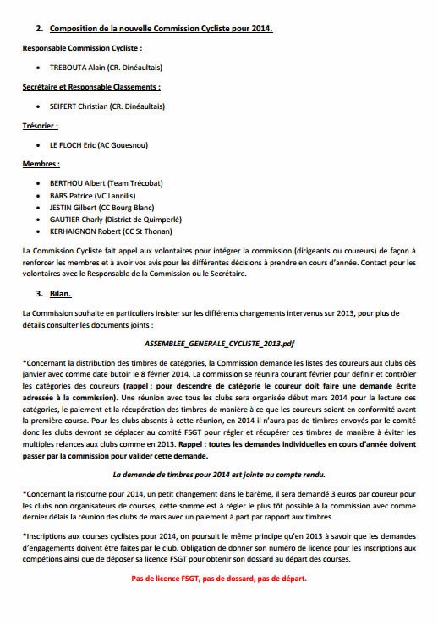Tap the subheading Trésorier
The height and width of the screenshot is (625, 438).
(40, 126)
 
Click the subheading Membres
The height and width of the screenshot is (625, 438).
(41, 166)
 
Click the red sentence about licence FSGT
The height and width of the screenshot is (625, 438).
(219, 579)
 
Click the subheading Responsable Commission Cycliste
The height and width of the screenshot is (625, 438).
(82, 47)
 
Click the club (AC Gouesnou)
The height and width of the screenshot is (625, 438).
(143, 145)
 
